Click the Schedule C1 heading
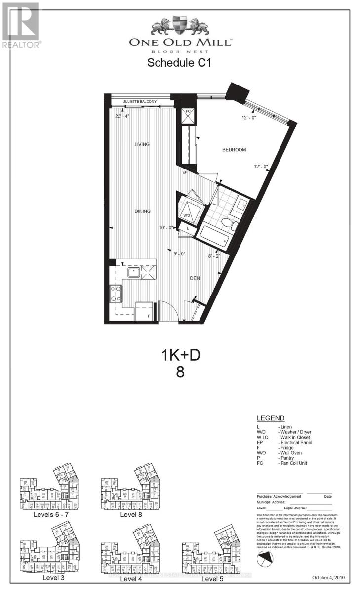click(180, 63)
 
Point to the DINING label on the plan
click(142, 211)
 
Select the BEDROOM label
click(234, 150)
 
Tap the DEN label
click(196, 278)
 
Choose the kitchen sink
click(134, 272)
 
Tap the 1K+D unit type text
click(180, 355)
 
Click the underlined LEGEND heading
click(271, 418)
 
